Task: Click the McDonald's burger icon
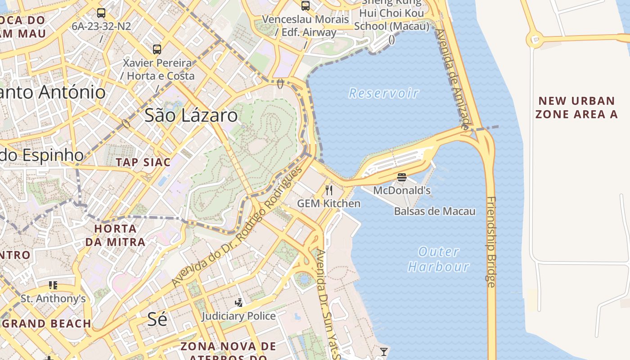[402, 177]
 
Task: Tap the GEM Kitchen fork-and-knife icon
[329, 190]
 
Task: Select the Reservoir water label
[384, 93]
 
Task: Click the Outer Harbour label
[439, 259]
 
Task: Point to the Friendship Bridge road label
[491, 242]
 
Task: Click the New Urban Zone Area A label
[577, 108]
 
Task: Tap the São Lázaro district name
[191, 116]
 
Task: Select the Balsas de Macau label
[435, 211]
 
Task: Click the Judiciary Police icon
[239, 302]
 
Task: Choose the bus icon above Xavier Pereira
[157, 49]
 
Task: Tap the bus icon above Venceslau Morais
[306, 6]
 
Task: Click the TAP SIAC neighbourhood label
[143, 162]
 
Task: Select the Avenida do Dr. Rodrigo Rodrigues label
[237, 227]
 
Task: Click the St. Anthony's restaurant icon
[53, 285]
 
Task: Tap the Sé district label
[157, 319]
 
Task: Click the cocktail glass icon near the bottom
[383, 351]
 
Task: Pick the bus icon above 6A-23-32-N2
[101, 13]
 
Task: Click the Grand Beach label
[49, 323]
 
